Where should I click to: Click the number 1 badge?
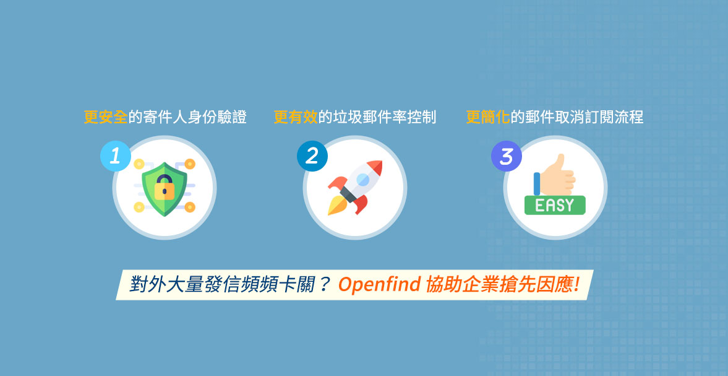tap(115, 156)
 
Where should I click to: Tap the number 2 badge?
tap(312, 156)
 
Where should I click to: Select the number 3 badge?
tap(507, 156)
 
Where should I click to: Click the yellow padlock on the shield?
tap(165, 189)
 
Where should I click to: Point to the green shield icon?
tap(165, 189)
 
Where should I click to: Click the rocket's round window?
tap(363, 178)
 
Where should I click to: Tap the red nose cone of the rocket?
tap(375, 167)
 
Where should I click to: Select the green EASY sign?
tap(555, 205)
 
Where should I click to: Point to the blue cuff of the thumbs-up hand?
tap(537, 183)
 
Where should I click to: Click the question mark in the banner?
tap(324, 284)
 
